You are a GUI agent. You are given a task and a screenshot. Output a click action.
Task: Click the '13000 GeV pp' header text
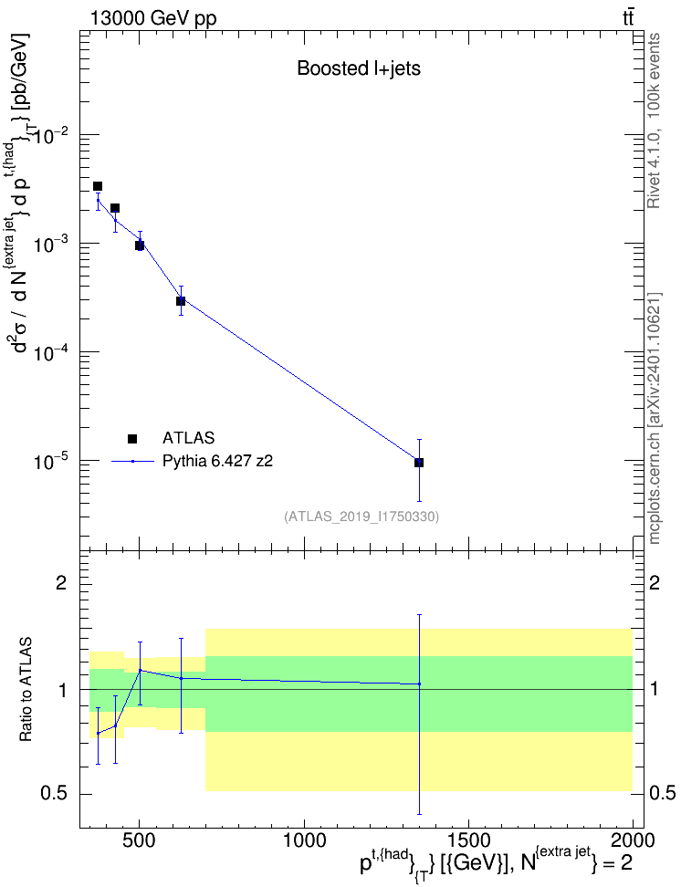[x=153, y=19]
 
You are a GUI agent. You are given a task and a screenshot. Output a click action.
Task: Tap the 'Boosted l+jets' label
[x=359, y=68]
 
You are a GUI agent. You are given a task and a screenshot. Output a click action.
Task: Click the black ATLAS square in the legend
[x=132, y=438]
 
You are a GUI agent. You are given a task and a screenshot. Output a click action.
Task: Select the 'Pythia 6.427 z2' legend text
[x=217, y=462]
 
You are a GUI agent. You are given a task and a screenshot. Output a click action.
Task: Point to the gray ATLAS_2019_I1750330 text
[x=361, y=517]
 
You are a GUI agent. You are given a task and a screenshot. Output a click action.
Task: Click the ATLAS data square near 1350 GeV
[x=419, y=463]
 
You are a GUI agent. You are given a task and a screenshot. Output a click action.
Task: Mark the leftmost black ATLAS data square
[x=98, y=186]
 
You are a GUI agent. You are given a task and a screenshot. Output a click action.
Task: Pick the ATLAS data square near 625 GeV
[x=181, y=301]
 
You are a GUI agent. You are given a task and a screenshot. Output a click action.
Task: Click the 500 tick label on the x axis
[x=140, y=840]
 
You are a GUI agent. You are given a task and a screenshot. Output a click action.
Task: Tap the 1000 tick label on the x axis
[x=304, y=840]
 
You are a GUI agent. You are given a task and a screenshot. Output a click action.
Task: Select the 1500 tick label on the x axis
[x=468, y=840]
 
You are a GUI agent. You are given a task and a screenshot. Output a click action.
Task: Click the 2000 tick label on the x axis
[x=632, y=840]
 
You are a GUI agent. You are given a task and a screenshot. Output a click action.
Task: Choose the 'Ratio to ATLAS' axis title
[x=26, y=690]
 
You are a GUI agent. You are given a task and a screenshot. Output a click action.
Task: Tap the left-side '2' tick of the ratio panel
[x=61, y=582]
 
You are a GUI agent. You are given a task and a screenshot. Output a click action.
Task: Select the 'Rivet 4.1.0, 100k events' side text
[x=654, y=120]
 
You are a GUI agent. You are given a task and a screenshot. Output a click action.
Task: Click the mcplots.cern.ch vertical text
[x=654, y=418]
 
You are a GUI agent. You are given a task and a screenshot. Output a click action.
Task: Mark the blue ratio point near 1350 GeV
[x=419, y=684]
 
